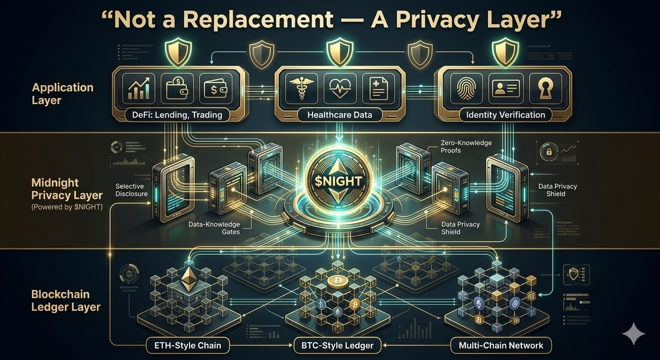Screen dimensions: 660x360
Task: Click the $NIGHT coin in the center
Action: click(x=333, y=181)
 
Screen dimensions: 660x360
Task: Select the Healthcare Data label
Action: click(x=339, y=115)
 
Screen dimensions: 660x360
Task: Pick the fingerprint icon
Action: click(x=466, y=88)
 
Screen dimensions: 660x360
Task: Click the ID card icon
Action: click(x=506, y=88)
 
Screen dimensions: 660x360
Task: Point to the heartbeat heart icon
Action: click(x=339, y=88)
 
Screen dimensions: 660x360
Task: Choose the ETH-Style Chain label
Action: click(x=188, y=346)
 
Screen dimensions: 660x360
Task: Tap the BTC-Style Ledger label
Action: click(x=334, y=346)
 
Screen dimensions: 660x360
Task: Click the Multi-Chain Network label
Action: click(x=501, y=346)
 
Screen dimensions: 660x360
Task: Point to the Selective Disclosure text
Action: click(x=131, y=190)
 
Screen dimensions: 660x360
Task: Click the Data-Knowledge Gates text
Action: click(x=214, y=228)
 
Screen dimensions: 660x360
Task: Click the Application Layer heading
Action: click(x=62, y=93)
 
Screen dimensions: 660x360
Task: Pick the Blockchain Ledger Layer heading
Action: click(x=66, y=300)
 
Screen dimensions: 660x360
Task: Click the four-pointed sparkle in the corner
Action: click(x=633, y=334)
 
